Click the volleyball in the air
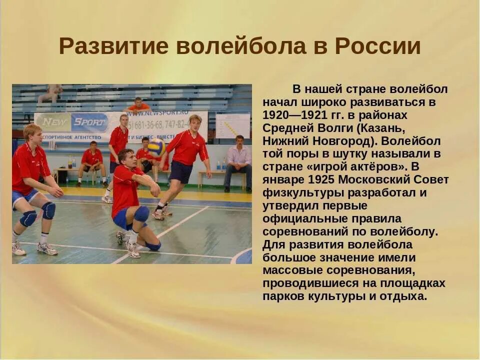point(156,147)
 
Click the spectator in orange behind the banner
point(138,104)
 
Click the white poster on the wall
point(232,125)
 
